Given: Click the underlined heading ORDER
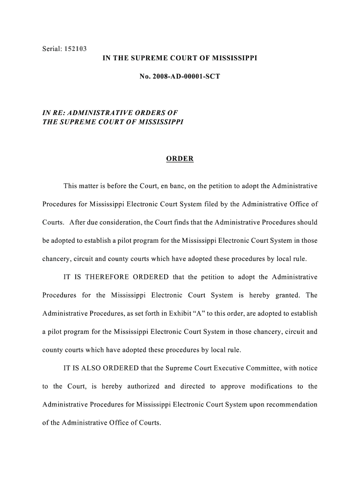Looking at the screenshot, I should pos(180,159).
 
